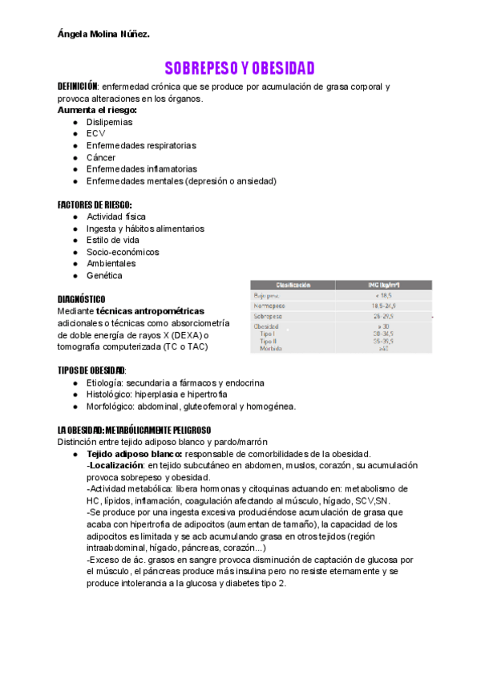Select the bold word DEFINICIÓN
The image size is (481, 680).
pyautogui.click(x=77, y=87)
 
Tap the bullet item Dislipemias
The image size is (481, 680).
pyautogui.click(x=110, y=122)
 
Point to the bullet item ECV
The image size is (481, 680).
pyautogui.click(x=95, y=134)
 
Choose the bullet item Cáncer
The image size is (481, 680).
pyautogui.click(x=101, y=157)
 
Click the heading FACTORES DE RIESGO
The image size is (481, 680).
pyautogui.click(x=95, y=204)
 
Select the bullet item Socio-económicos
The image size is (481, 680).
pyautogui.click(x=123, y=252)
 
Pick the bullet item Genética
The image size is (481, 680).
pyautogui.click(x=104, y=275)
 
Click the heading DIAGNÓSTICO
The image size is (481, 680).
pyautogui.click(x=81, y=298)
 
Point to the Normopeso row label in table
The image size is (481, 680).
pyautogui.click(x=271, y=306)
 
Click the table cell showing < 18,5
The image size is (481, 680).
pyautogui.click(x=388, y=295)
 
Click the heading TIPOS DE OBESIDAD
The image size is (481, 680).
pyautogui.click(x=91, y=370)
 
